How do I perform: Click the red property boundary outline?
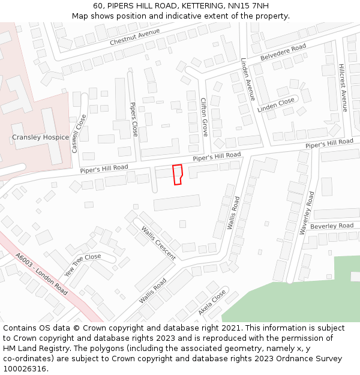tap(178, 174)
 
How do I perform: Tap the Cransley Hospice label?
tap(40, 137)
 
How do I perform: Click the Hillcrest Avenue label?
tap(343, 88)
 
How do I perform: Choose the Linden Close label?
tap(276, 106)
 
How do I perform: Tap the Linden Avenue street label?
tap(248, 79)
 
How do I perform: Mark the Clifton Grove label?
tap(204, 117)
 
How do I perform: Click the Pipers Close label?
tap(134, 119)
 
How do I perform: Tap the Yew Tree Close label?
tap(83, 265)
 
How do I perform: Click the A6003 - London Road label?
tap(41, 273)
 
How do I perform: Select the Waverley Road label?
tap(307, 213)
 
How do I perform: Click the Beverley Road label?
tap(332, 226)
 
